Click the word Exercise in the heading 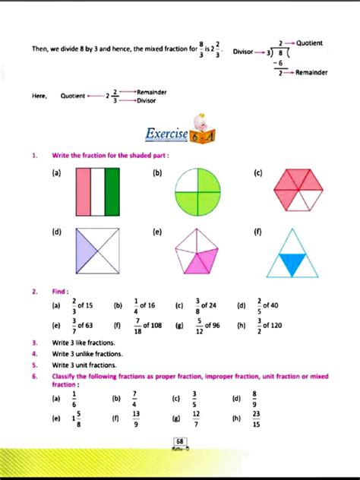(166, 135)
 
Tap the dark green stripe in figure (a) (112, 193)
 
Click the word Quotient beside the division (309, 43)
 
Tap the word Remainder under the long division (311, 73)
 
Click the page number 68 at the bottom (179, 441)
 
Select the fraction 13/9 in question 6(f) (135, 418)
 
